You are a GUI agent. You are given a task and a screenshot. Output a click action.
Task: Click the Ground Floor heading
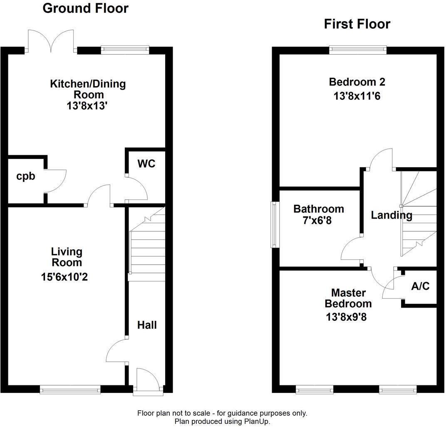(86, 8)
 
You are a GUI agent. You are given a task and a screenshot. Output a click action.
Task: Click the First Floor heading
(357, 24)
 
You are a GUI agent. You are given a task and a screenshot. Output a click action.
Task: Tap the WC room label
(146, 164)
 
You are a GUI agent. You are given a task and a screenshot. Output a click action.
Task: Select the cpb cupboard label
(26, 176)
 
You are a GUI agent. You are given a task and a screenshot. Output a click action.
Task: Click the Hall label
(147, 325)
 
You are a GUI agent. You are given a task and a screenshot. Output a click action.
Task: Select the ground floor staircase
(148, 243)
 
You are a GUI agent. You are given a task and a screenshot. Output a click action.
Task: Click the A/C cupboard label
(420, 286)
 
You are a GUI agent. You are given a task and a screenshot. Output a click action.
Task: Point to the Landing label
(391, 215)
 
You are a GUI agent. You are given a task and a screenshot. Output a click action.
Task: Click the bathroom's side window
(274, 225)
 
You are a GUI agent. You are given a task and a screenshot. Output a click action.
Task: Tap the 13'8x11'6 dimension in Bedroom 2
(357, 96)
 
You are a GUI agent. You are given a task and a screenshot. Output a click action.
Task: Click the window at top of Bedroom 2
(357, 50)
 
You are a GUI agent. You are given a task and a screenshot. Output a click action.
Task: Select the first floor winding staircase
(418, 214)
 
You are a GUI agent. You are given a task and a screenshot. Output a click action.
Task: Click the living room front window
(70, 390)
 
